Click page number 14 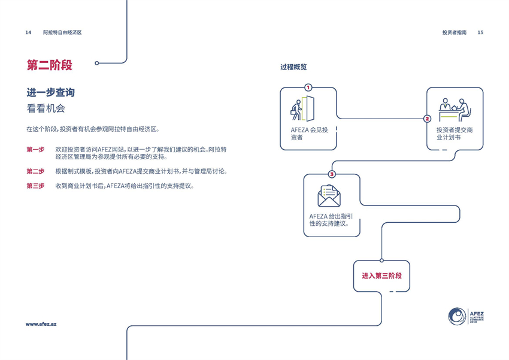click(x=28, y=32)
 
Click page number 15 click(x=480, y=32)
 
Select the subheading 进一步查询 click(x=50, y=93)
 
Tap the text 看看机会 click(x=46, y=109)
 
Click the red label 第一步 click(x=35, y=150)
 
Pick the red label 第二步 click(x=35, y=171)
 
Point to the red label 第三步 click(x=35, y=186)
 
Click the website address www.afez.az click(x=41, y=324)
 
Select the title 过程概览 click(x=293, y=67)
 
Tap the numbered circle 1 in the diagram click(x=308, y=87)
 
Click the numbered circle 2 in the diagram click(x=427, y=119)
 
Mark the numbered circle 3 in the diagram click(x=332, y=174)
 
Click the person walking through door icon click(x=303, y=108)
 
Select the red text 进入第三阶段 click(x=381, y=276)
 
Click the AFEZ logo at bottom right click(x=466, y=316)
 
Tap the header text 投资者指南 click(x=455, y=32)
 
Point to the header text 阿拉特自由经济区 click(x=62, y=32)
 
